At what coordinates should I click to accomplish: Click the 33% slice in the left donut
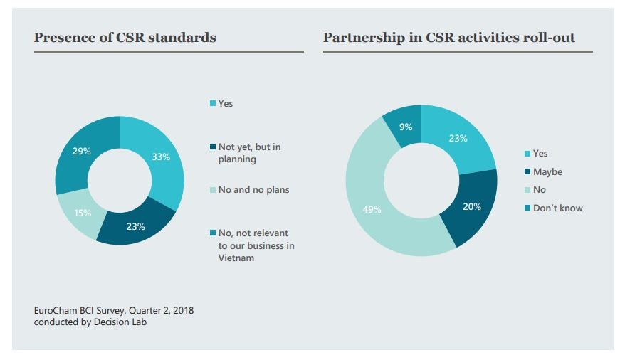coord(162,157)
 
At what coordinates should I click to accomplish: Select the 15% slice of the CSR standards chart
coord(81,213)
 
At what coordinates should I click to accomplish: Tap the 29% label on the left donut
coord(82,151)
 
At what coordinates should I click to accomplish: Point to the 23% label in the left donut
coord(136,227)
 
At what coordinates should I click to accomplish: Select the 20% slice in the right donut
coord(471,207)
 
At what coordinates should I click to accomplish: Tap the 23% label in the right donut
coord(458,139)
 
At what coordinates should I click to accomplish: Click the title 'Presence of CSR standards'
coord(125,38)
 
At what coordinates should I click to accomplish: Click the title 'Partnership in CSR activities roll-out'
coord(448,38)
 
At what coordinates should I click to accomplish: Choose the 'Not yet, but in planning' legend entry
coord(248,153)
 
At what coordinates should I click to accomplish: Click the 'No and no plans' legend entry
coord(253,190)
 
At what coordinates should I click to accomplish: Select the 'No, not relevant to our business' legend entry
coord(256,245)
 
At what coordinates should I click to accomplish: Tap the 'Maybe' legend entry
coord(547,171)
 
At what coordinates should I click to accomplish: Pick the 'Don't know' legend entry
coord(557,208)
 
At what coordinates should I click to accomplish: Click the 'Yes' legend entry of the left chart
coord(225,104)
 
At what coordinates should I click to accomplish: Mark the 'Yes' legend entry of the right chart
coord(540,154)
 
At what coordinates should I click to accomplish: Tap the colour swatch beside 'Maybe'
coord(527,171)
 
